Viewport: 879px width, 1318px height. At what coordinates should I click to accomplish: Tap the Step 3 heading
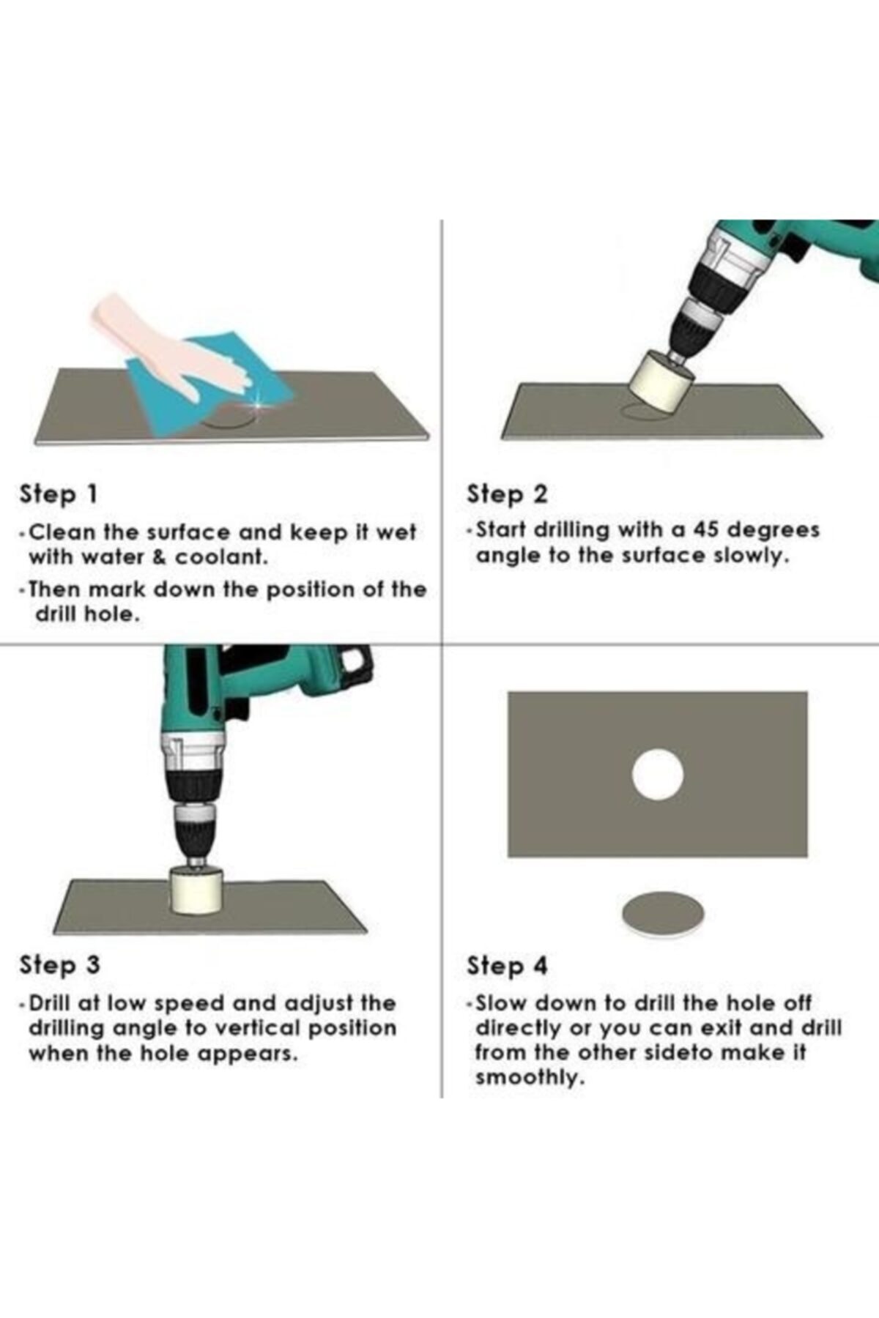pos(59,964)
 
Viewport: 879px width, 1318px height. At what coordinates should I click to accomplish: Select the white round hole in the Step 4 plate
pos(657,775)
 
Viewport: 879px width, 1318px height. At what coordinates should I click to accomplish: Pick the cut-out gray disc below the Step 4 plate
pos(662,913)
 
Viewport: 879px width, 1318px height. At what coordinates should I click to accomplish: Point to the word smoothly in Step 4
pos(530,1078)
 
